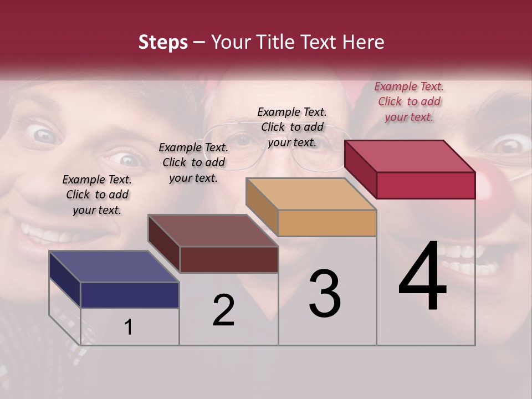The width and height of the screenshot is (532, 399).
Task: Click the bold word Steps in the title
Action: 163,43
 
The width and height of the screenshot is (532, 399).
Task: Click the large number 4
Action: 422,277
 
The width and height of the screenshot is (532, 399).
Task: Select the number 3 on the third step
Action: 325,294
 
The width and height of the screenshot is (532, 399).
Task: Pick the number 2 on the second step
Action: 223,311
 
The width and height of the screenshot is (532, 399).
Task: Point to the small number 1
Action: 129,328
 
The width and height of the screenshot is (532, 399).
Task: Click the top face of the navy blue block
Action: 114,267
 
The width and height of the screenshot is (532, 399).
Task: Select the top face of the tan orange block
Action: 311,194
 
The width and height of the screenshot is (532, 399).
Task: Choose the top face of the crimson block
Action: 410,156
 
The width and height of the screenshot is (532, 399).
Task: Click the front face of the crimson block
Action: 426,185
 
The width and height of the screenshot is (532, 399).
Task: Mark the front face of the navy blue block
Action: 130,295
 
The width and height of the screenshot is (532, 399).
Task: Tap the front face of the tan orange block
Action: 327,223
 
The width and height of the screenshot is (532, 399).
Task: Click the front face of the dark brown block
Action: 228,259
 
